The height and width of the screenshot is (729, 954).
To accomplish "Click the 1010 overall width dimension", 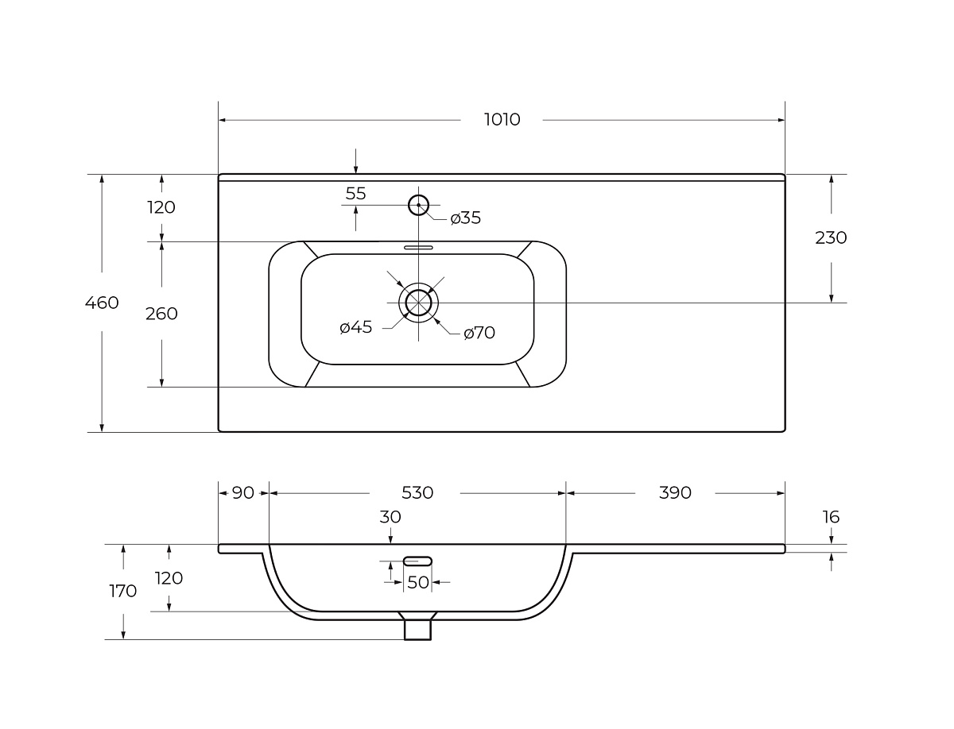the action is point(502,119).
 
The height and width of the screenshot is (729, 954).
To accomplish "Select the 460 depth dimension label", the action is point(102,303).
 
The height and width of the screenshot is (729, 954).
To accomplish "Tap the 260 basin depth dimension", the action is point(161,314).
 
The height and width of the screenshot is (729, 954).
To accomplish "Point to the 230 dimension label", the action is point(831,238).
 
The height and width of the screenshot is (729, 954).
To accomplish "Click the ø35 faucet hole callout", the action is point(466,218).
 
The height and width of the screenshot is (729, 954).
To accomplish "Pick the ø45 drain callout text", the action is point(355,327).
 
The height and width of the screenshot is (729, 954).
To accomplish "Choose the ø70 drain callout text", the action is point(479,333).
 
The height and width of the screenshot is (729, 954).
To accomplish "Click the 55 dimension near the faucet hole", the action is point(355,194).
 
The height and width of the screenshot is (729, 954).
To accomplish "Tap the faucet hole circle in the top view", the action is point(418,205).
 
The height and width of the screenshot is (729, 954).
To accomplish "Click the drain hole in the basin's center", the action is point(418,303).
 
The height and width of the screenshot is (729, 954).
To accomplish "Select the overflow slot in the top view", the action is point(418,248).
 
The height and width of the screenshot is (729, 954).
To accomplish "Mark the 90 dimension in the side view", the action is point(243,493).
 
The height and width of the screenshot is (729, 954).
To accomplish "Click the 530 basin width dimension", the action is point(417,493).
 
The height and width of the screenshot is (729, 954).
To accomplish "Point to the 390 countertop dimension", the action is point(675,493).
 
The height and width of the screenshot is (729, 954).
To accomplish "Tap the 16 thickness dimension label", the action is point(831,517).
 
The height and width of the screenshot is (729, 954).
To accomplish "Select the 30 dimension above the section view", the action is point(390,517).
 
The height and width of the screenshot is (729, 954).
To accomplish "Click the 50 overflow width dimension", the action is point(418,583).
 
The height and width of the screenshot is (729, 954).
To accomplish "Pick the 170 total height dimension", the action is point(123,591).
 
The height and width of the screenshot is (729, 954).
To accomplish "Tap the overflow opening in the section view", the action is point(417,561).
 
